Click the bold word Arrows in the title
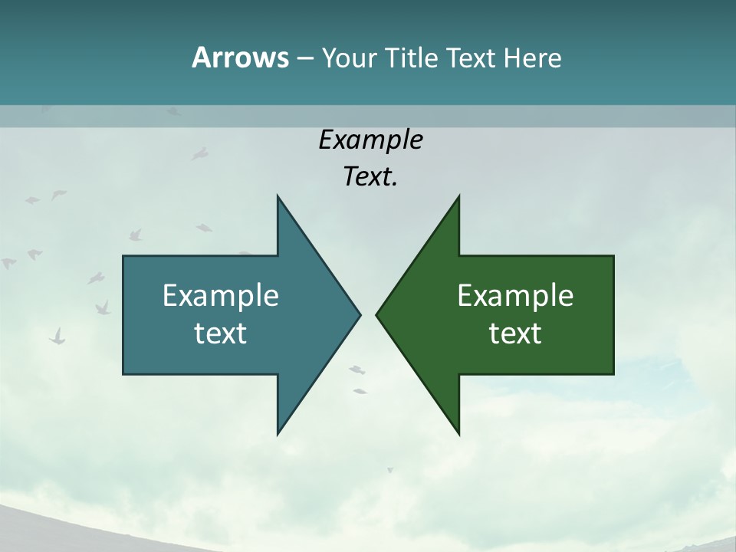(239, 58)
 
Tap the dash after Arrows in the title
(304, 58)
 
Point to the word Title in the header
(413, 58)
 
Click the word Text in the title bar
(472, 58)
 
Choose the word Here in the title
(533, 58)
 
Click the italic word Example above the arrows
(371, 140)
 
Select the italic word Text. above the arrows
(371, 177)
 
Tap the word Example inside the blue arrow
(221, 296)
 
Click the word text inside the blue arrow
(221, 333)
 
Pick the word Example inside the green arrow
(515, 296)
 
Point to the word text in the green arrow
(515, 333)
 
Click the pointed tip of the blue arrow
(360, 314)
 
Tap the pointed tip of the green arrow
(376, 314)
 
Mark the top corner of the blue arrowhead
(278, 196)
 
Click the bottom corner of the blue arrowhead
(278, 434)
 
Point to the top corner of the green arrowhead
(458, 196)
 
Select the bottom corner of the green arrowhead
(458, 434)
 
